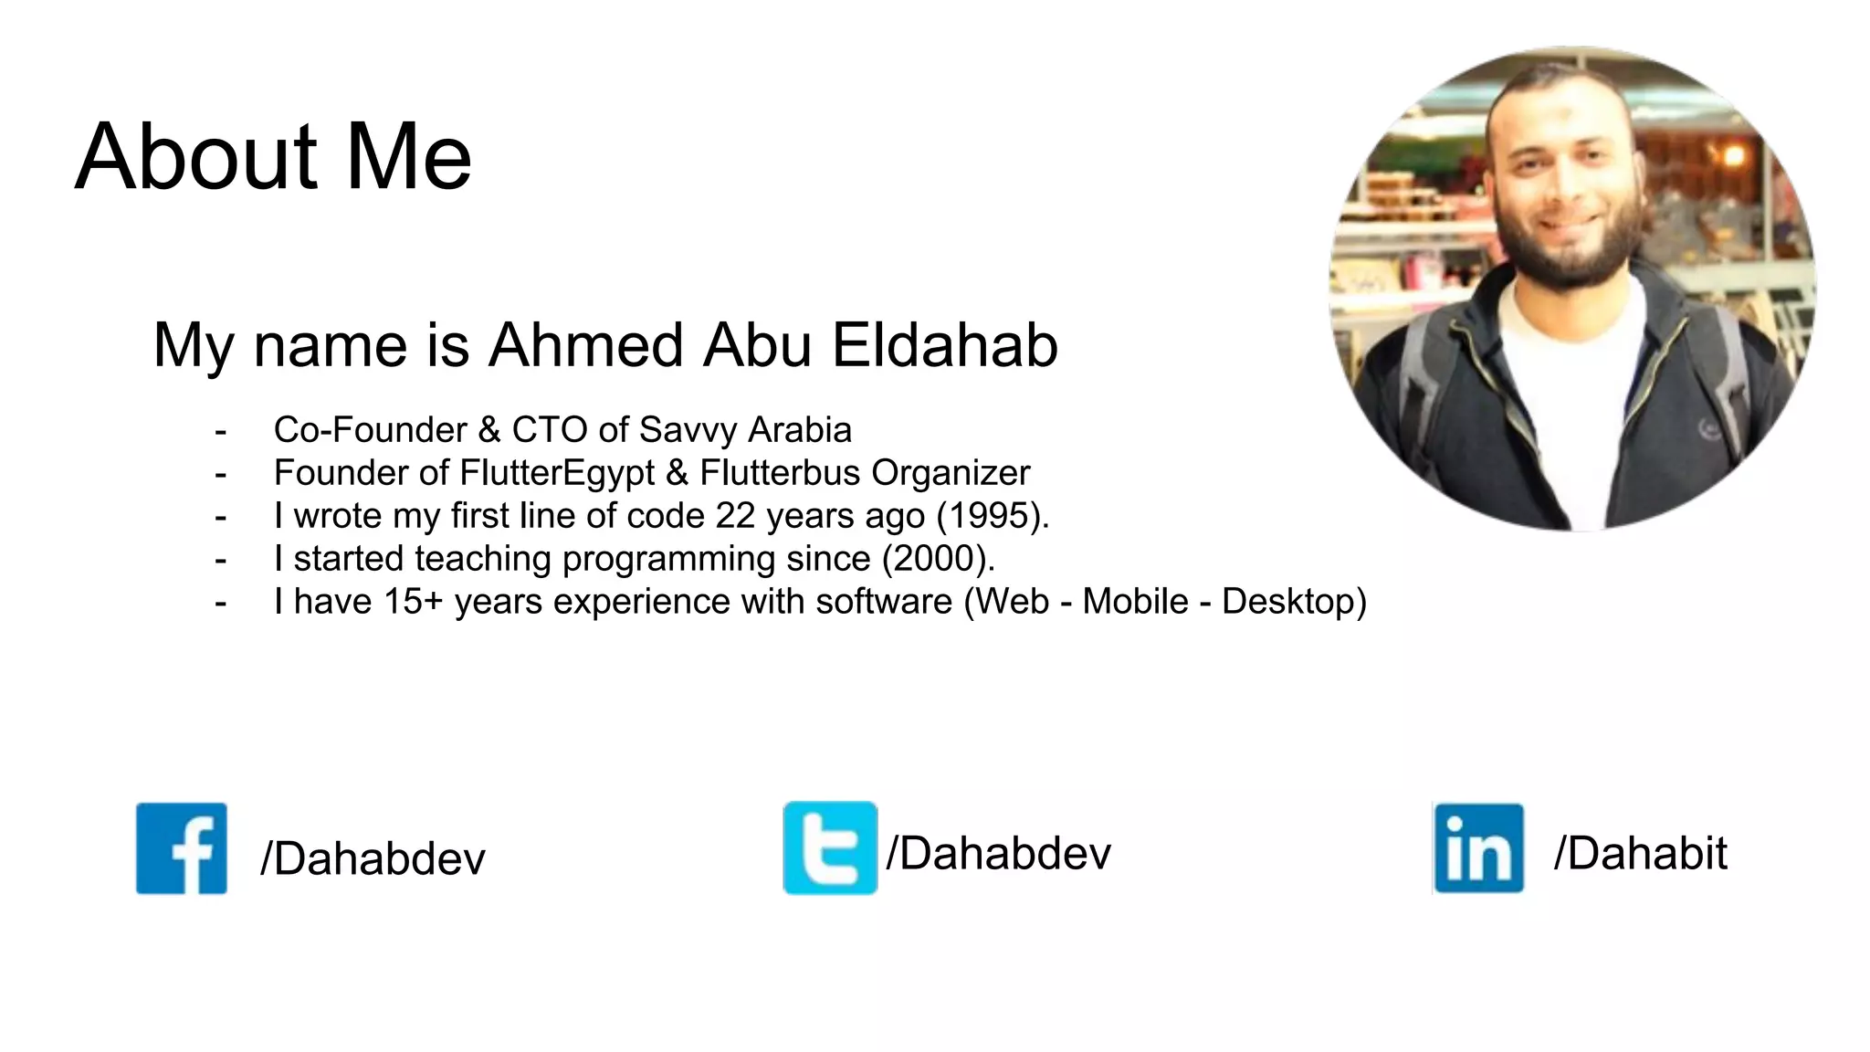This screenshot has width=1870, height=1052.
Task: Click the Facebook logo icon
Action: click(182, 848)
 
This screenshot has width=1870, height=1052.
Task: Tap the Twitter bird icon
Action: click(830, 848)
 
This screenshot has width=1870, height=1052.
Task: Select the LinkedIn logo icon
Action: click(1478, 848)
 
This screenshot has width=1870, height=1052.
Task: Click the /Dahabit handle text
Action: click(1640, 854)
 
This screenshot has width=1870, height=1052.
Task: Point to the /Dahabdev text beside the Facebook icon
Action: click(373, 858)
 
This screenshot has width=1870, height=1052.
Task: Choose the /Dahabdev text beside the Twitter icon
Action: click(999, 854)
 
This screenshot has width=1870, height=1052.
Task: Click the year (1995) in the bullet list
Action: click(993, 516)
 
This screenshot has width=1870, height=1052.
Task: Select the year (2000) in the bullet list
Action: click(938, 559)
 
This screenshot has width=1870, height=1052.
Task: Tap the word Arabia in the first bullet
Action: click(800, 430)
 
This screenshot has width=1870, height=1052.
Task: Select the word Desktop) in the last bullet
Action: click(1294, 602)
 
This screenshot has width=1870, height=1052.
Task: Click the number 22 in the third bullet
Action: click(735, 516)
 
